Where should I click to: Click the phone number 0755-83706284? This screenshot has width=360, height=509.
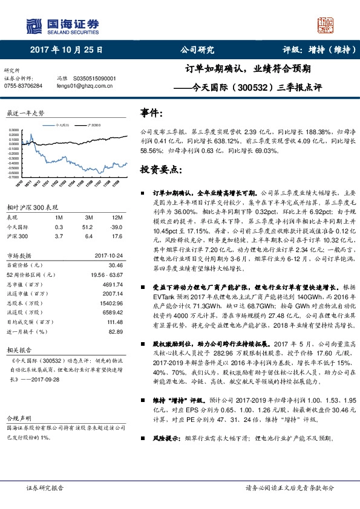tap(24, 86)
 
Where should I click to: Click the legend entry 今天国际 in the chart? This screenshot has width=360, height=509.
tap(63, 123)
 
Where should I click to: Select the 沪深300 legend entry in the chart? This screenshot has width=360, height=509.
tap(94, 123)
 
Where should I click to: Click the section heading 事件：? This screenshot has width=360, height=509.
tap(151, 114)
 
